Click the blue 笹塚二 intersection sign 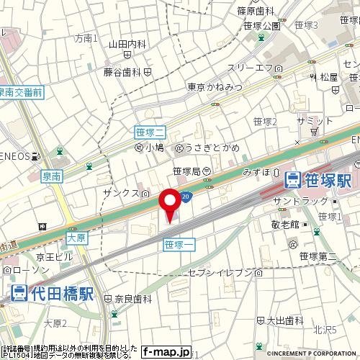coord(150,132)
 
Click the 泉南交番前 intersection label coord(21,92)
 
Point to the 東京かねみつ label coord(214,87)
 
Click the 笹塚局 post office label coord(186,171)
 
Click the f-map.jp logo coord(166,352)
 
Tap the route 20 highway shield coord(186,196)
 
